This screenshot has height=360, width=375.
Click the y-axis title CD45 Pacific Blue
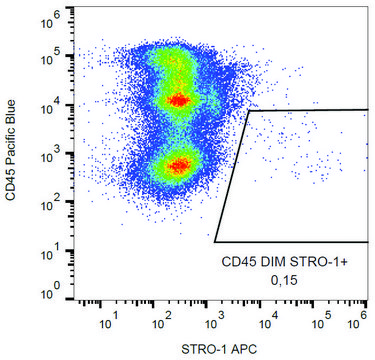pos(11,154)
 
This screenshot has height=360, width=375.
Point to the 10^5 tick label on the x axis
pos(317,322)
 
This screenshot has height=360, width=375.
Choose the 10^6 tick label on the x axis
pos(364,322)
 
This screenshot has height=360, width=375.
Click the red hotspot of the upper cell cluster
pos(178,100)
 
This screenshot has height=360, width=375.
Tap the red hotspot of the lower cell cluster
pos(179,165)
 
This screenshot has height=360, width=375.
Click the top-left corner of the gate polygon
pos(248,111)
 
